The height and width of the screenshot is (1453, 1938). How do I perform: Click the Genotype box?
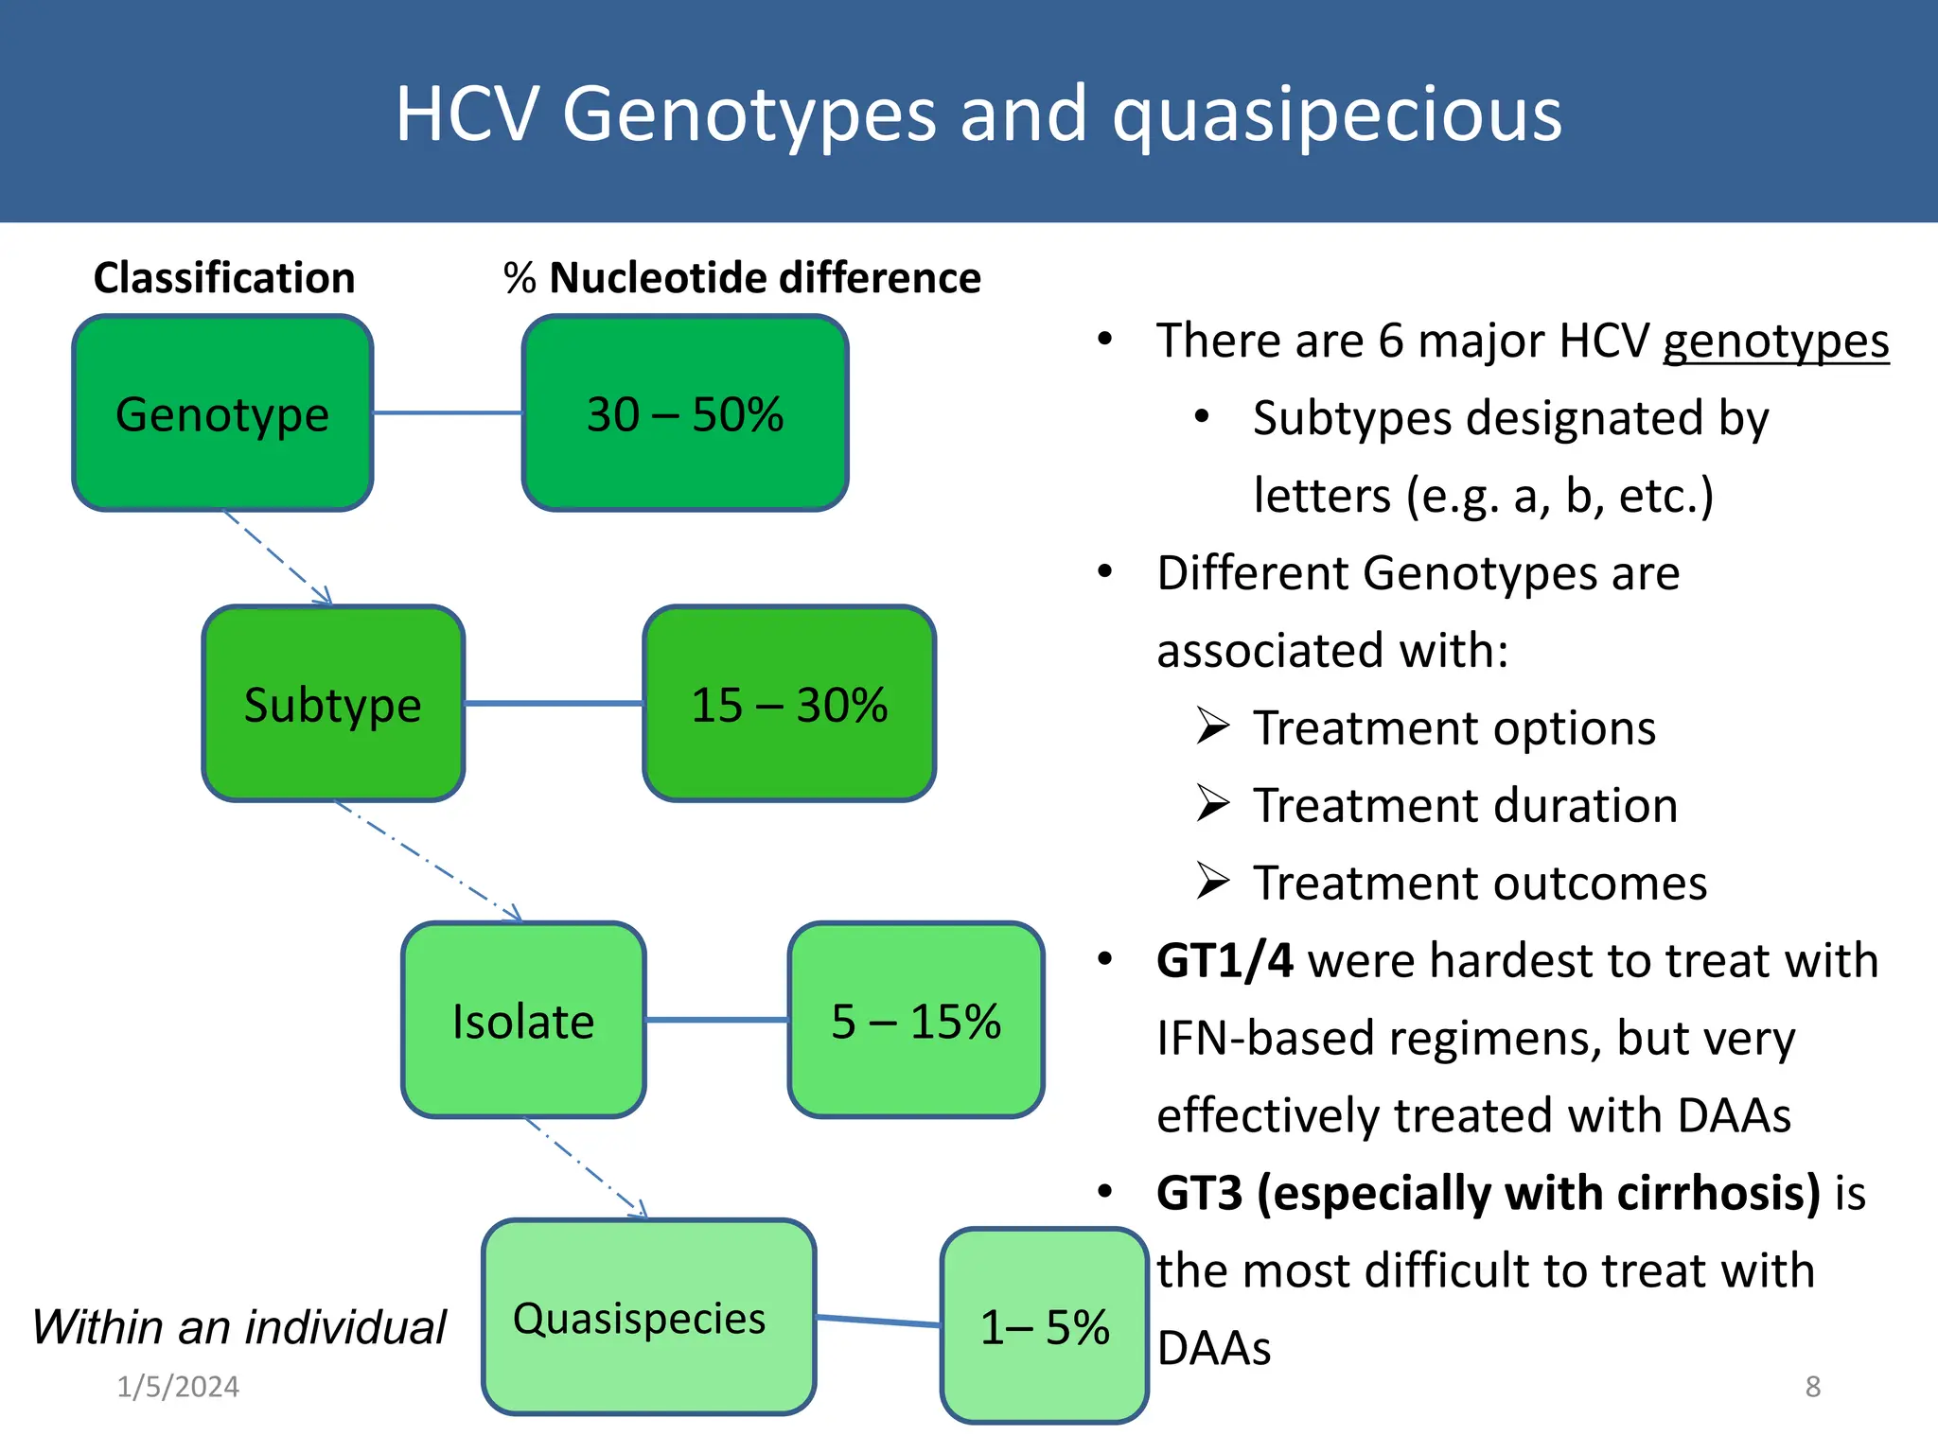(x=222, y=413)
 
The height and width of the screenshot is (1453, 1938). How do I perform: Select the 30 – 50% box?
(x=685, y=413)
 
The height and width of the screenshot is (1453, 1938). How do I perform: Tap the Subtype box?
(x=333, y=704)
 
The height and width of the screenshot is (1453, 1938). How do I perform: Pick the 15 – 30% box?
(x=789, y=704)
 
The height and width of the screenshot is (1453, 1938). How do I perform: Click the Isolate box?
(x=523, y=1020)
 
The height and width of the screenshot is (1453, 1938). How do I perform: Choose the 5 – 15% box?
(x=916, y=1020)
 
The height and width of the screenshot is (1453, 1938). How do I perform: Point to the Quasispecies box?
(x=648, y=1317)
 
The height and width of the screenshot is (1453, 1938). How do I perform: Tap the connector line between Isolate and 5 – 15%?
(x=716, y=1020)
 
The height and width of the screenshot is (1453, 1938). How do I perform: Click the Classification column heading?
(x=224, y=278)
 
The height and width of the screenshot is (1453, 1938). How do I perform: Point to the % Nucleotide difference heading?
(x=743, y=278)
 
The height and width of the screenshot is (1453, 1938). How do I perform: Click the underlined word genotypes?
(x=1775, y=341)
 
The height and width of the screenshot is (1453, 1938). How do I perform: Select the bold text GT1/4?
(x=1224, y=960)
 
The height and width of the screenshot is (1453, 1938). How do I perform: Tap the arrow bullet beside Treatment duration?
(x=1212, y=804)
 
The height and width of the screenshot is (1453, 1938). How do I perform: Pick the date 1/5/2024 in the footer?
(x=178, y=1387)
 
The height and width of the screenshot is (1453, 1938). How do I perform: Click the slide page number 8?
(x=1812, y=1387)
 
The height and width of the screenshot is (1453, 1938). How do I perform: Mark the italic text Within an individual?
(x=238, y=1326)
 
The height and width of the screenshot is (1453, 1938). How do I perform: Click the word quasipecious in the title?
(x=1336, y=114)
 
